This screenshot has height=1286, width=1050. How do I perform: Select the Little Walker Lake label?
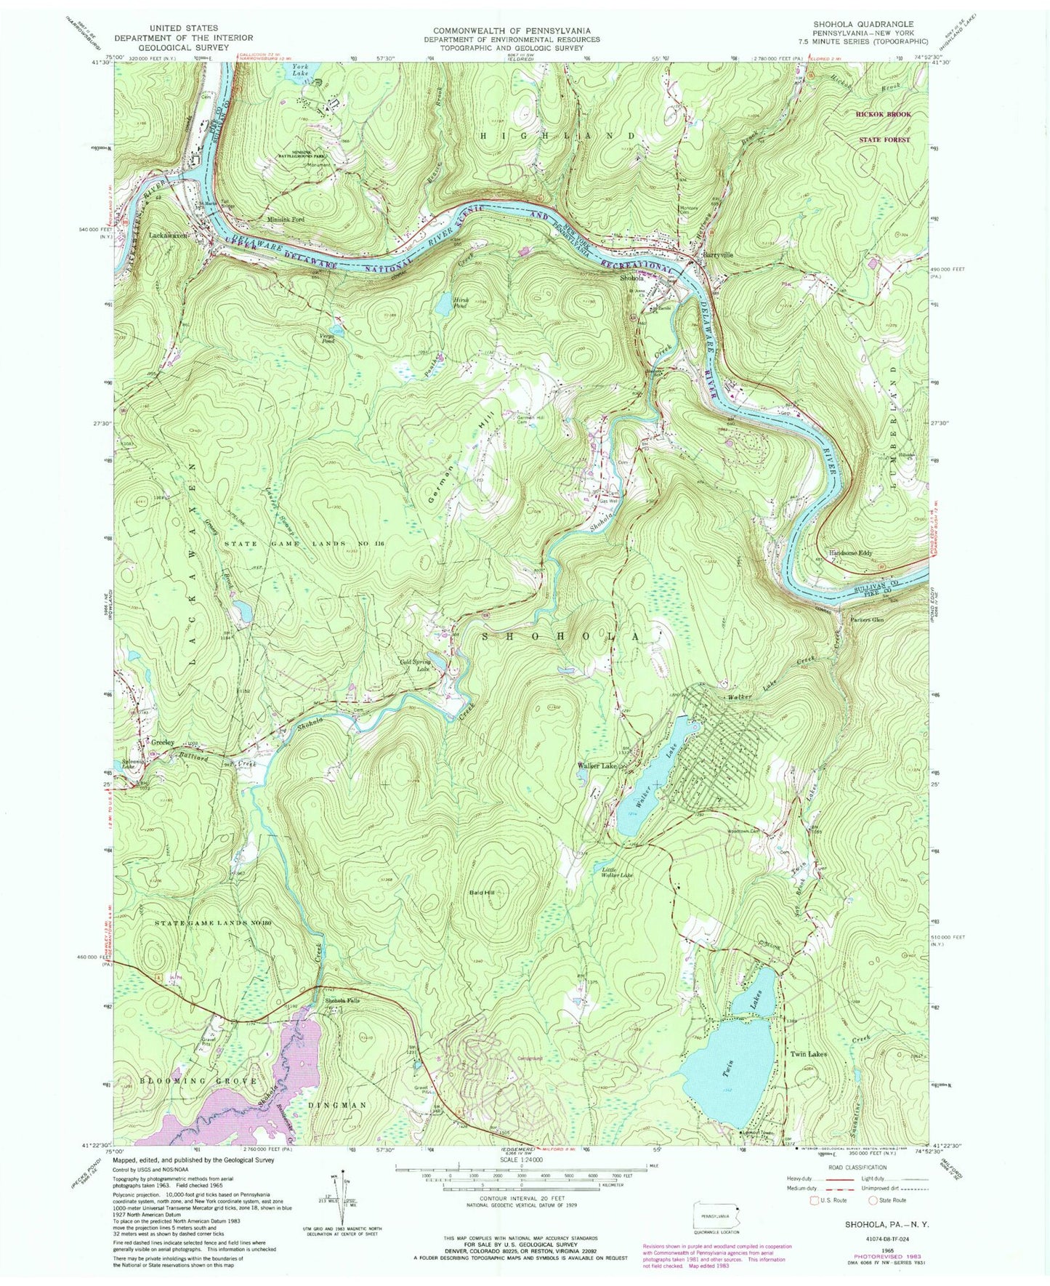tap(618, 872)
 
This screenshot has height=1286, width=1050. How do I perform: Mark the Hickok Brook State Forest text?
tap(883, 126)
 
